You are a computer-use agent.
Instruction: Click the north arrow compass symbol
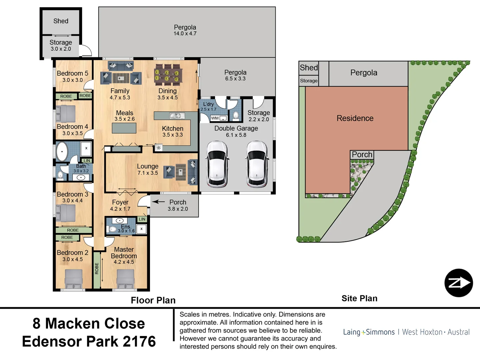(x=459, y=283)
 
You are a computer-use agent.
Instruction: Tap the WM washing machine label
(x=215, y=118)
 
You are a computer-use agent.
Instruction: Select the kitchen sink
(x=177, y=115)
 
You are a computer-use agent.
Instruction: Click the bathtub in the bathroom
(x=62, y=151)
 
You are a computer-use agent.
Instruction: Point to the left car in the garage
(x=217, y=164)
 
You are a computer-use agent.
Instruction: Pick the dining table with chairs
(x=168, y=75)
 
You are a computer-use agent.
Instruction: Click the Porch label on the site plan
(x=362, y=155)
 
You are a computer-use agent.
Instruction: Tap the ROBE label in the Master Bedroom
(x=97, y=269)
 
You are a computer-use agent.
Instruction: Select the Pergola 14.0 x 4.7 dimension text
(x=185, y=33)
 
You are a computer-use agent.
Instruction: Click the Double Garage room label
(x=236, y=128)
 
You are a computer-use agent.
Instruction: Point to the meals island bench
(x=124, y=128)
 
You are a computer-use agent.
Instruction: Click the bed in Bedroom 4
(x=66, y=114)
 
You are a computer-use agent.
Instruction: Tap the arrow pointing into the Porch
(x=158, y=202)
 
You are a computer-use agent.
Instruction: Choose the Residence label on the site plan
(x=355, y=118)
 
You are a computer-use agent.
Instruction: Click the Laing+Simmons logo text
(x=369, y=332)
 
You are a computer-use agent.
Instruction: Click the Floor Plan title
(x=153, y=300)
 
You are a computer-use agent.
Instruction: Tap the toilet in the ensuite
(x=112, y=229)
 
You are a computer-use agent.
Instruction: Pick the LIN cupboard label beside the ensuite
(x=142, y=219)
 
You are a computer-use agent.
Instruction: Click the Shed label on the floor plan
(x=61, y=21)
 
